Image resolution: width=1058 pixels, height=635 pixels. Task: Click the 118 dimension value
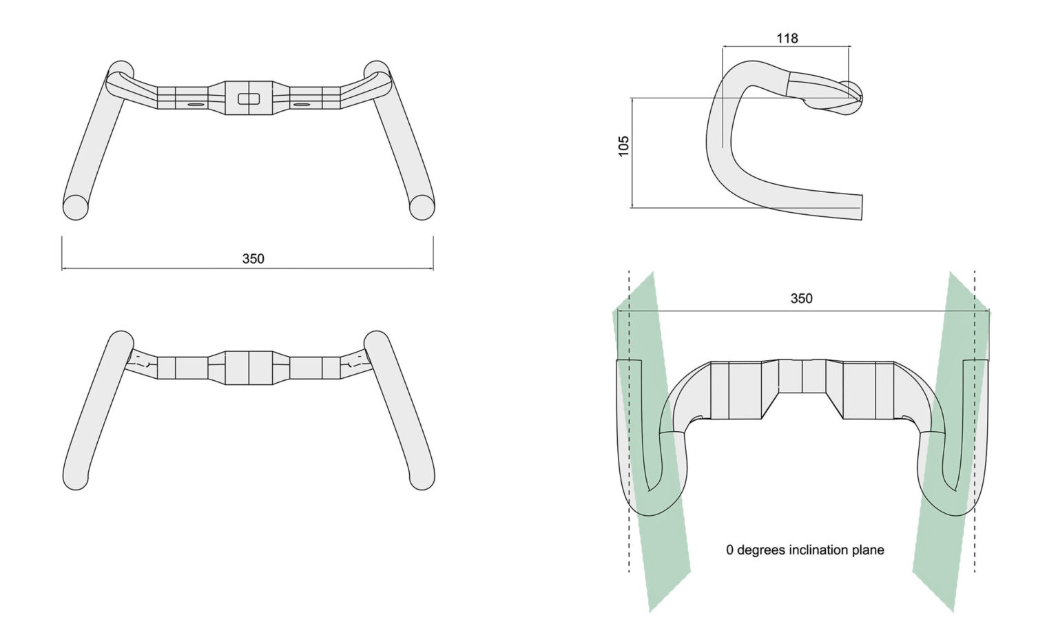(x=787, y=39)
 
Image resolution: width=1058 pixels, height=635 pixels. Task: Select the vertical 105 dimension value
(x=624, y=146)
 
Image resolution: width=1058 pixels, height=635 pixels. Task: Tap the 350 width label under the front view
(x=253, y=259)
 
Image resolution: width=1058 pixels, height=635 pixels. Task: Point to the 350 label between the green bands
(x=801, y=298)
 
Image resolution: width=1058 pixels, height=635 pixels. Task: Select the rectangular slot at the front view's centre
(x=248, y=98)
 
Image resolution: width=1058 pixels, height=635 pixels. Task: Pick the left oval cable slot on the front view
(x=195, y=105)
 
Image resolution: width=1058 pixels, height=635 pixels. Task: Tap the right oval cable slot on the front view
(x=302, y=105)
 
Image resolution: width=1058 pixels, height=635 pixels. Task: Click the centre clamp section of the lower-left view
(x=248, y=367)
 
